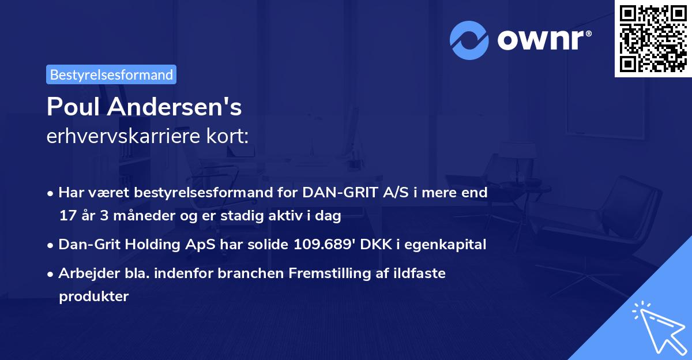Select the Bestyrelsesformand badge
click(111, 74)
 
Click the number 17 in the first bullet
click(66, 216)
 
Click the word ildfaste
click(420, 273)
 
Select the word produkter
click(93, 297)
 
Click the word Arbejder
click(85, 273)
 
